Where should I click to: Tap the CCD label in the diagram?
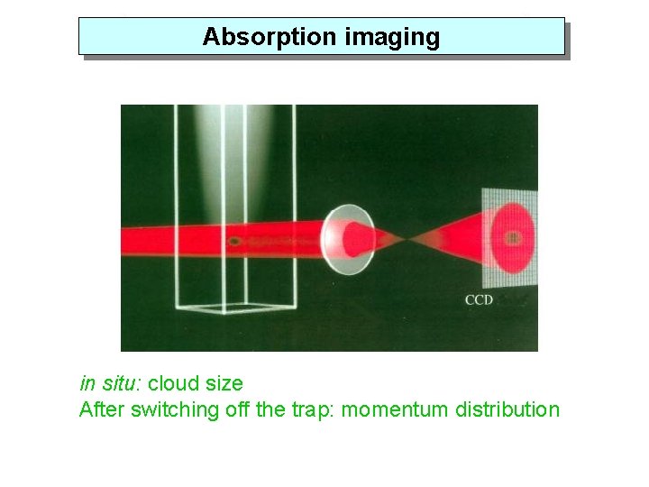(x=479, y=299)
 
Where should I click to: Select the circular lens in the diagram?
(x=348, y=239)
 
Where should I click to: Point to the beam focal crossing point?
(x=409, y=239)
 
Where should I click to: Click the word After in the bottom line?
(x=102, y=409)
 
